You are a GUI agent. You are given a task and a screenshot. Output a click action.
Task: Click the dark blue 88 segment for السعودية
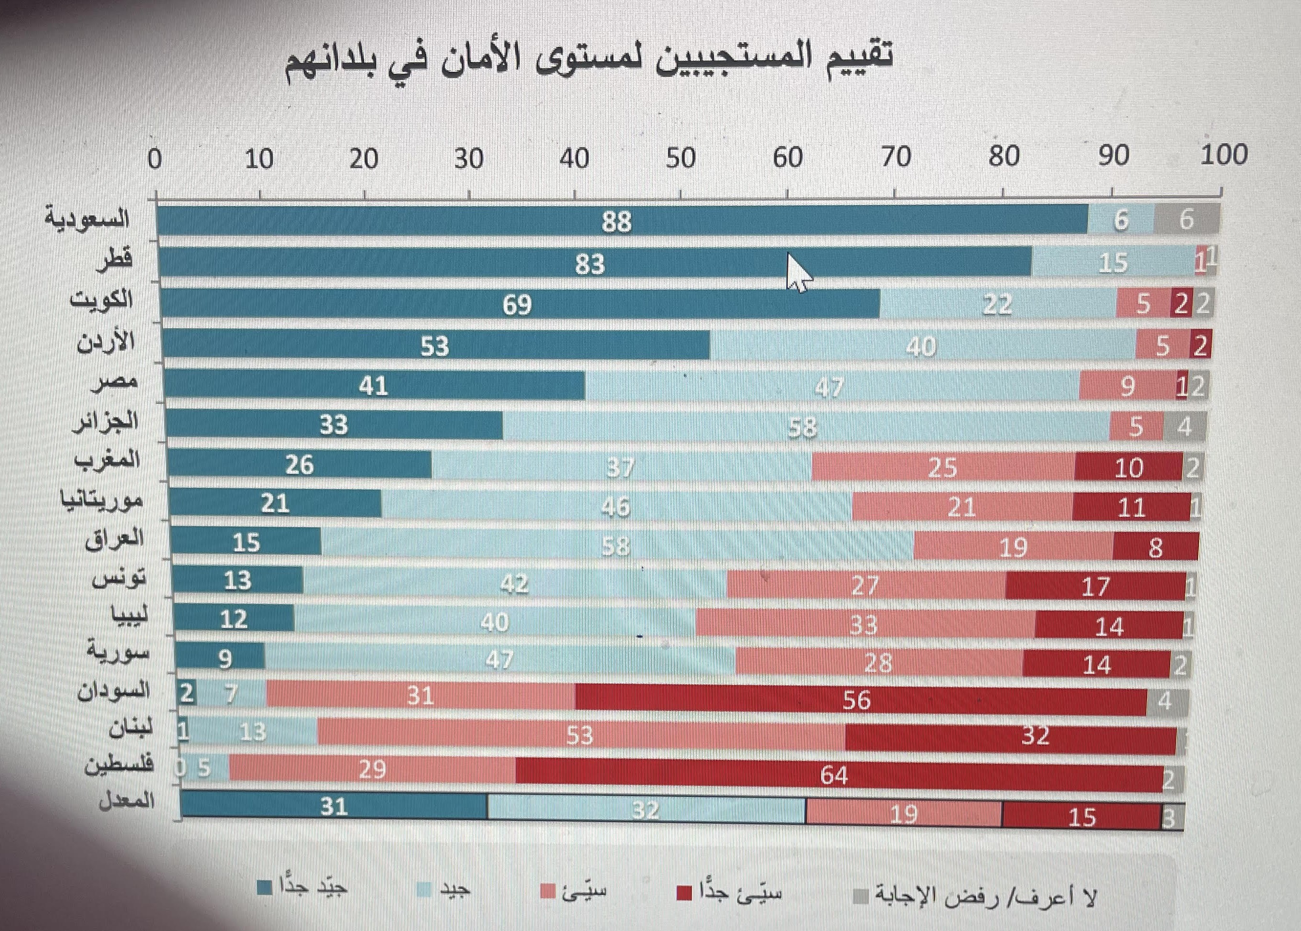pyautogui.click(x=616, y=221)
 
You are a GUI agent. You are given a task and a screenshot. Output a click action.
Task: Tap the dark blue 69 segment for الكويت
pyautogui.click(x=518, y=304)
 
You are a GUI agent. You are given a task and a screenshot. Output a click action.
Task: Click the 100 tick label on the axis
pyautogui.click(x=1224, y=155)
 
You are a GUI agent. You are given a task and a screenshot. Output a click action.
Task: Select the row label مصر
pyautogui.click(x=115, y=382)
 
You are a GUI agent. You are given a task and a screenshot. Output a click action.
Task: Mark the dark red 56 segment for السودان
pyautogui.click(x=856, y=699)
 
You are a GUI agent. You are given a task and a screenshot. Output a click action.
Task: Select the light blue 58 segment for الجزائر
pyautogui.click(x=803, y=427)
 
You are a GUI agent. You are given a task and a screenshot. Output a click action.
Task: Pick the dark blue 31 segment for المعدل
pyautogui.click(x=334, y=807)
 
